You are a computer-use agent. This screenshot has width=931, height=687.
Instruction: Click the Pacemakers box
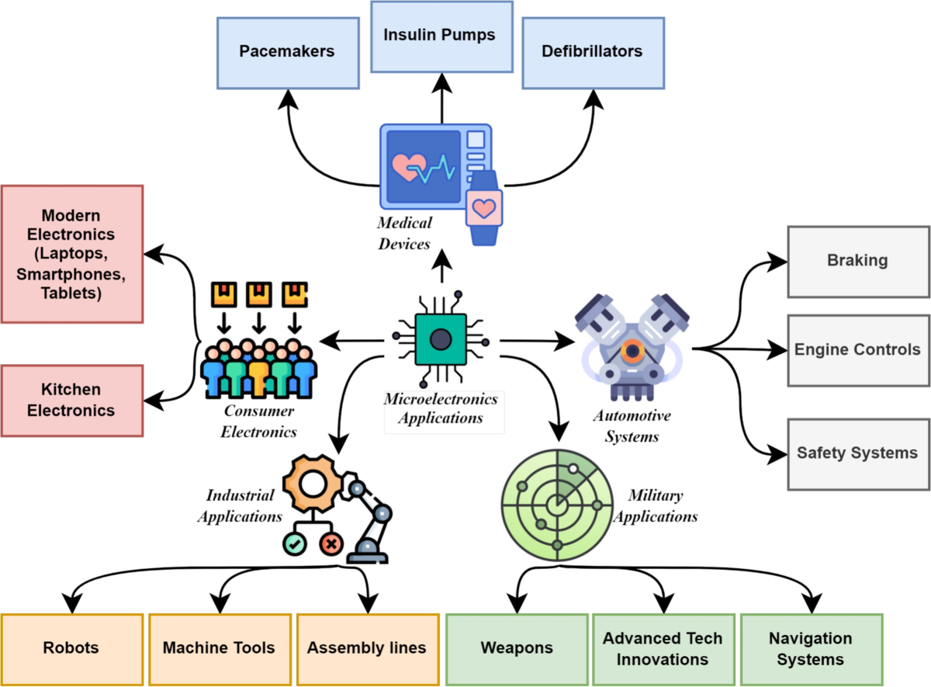tap(287, 52)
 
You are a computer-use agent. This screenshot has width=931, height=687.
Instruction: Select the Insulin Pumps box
tap(441, 36)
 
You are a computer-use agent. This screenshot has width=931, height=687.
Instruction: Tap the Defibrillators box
tap(594, 52)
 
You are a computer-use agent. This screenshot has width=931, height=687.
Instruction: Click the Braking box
tap(858, 261)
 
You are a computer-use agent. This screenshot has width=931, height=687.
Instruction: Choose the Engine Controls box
tap(858, 350)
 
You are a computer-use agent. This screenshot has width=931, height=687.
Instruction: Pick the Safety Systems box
tap(858, 453)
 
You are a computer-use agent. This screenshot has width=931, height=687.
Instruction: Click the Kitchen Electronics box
tap(71, 400)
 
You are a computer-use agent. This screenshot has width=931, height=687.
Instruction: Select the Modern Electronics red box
tap(71, 254)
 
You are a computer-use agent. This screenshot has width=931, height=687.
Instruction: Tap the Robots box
tap(71, 648)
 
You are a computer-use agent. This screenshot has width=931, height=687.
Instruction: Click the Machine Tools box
tap(219, 648)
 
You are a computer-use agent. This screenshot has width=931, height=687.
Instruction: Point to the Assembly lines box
tap(367, 648)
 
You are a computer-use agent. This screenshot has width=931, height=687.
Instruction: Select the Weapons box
tap(517, 648)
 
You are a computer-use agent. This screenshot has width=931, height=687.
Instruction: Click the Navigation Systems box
tap(811, 649)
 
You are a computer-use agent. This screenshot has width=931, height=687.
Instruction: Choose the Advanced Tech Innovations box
tap(663, 649)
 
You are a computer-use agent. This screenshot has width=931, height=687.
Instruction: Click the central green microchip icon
tap(440, 339)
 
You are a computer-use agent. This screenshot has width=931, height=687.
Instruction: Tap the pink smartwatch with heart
tap(484, 209)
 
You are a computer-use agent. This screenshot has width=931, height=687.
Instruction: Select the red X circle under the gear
tap(331, 545)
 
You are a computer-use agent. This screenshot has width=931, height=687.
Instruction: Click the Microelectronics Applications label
tap(441, 409)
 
